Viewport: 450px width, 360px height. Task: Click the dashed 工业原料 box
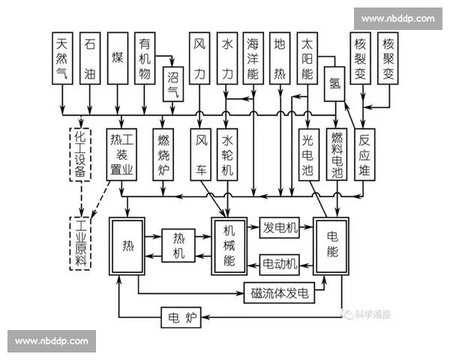coord(80,243)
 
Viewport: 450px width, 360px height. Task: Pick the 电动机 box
coord(280,264)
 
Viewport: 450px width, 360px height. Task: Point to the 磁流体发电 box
coord(280,294)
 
